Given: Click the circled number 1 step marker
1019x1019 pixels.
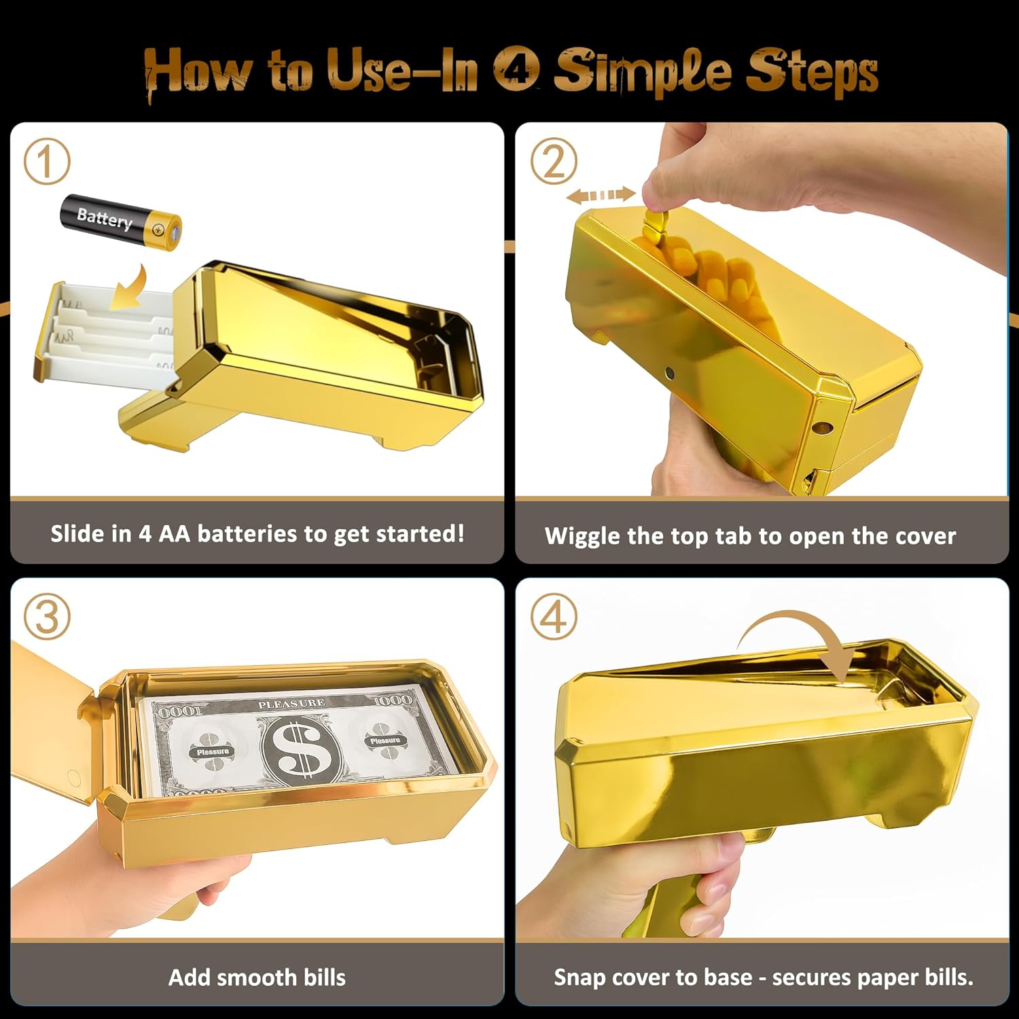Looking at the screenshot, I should tap(47, 162).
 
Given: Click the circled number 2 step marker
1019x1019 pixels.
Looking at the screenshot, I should tap(554, 162).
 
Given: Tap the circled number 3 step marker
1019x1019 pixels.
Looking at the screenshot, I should tap(47, 616).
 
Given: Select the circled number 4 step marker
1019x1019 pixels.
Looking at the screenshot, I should tap(554, 616).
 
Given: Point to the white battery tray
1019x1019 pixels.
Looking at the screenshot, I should tap(102, 333).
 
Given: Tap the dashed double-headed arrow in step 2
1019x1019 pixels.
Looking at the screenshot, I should tap(601, 196).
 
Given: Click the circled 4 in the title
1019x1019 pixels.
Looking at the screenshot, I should tap(516, 70).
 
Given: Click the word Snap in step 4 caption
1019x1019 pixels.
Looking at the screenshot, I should tap(579, 978).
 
